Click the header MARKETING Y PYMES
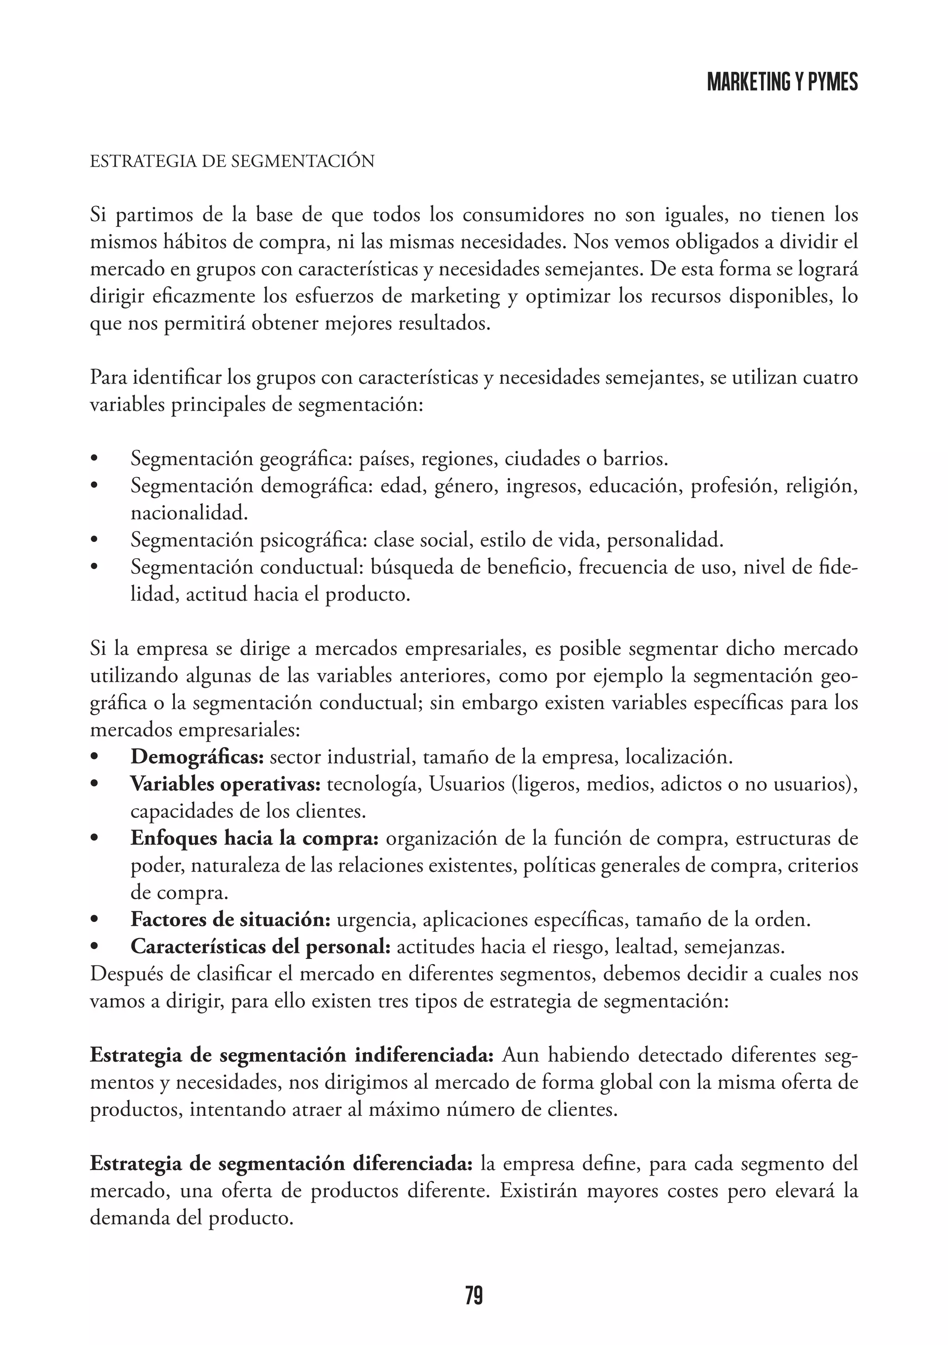pyautogui.click(x=782, y=82)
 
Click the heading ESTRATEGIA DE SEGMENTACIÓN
pyautogui.click(x=232, y=161)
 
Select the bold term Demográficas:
pyautogui.click(x=198, y=757)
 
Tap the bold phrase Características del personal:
pyautogui.click(x=260, y=946)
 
